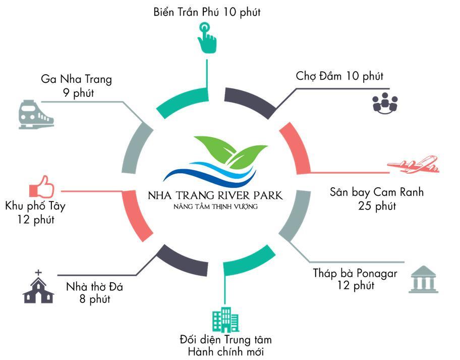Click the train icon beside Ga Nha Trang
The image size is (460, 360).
pos(36,115)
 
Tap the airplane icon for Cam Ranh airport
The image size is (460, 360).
pos(413,165)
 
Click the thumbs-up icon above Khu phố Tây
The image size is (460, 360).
pos(42,187)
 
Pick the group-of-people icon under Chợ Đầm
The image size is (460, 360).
pos(385,103)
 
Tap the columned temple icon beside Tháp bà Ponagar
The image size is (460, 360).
pos(423,279)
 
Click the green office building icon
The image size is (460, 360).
pos(225,320)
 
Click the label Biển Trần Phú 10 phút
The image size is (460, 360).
pos(207,12)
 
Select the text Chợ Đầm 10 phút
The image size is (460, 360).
pos(339,76)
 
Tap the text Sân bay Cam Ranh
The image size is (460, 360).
pos(377,192)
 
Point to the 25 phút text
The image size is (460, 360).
pos(377,206)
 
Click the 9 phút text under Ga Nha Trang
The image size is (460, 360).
pos(79,93)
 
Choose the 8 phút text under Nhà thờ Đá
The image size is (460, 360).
pos(95,299)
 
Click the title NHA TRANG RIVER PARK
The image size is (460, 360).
pos(215,195)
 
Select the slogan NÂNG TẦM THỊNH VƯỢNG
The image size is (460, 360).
pos(216,207)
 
